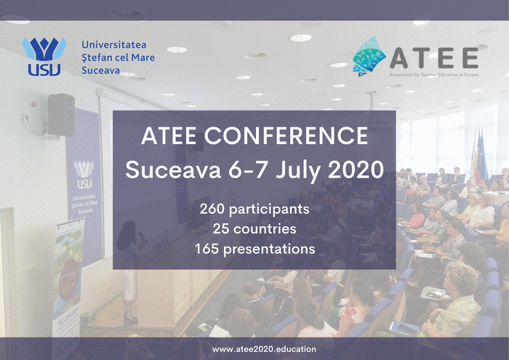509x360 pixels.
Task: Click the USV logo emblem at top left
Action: [x=44, y=56]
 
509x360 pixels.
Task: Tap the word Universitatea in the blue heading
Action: [x=113, y=44]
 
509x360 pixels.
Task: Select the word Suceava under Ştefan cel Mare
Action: [x=100, y=71]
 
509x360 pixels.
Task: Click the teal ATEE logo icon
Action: [x=369, y=56]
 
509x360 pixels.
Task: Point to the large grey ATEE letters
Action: [x=434, y=57]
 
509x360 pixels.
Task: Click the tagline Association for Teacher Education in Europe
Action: [x=433, y=75]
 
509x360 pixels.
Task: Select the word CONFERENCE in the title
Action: [x=286, y=135]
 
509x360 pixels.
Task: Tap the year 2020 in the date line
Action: [x=356, y=169]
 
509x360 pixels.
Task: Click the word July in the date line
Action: [x=298, y=170]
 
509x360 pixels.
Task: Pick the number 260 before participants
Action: [x=212, y=209]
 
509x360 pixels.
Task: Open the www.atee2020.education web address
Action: [x=264, y=349]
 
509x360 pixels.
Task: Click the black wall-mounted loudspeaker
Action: [x=61, y=115]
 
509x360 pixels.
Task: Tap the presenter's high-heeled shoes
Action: [x=130, y=319]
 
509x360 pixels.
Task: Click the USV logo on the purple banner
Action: [x=84, y=174]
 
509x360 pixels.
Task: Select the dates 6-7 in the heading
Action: [x=249, y=169]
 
